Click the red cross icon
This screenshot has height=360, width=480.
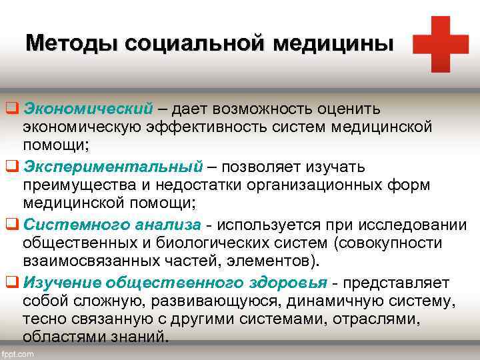point(441,44)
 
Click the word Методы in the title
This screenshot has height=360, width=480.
point(61,44)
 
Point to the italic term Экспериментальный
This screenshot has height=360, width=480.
point(112,166)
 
